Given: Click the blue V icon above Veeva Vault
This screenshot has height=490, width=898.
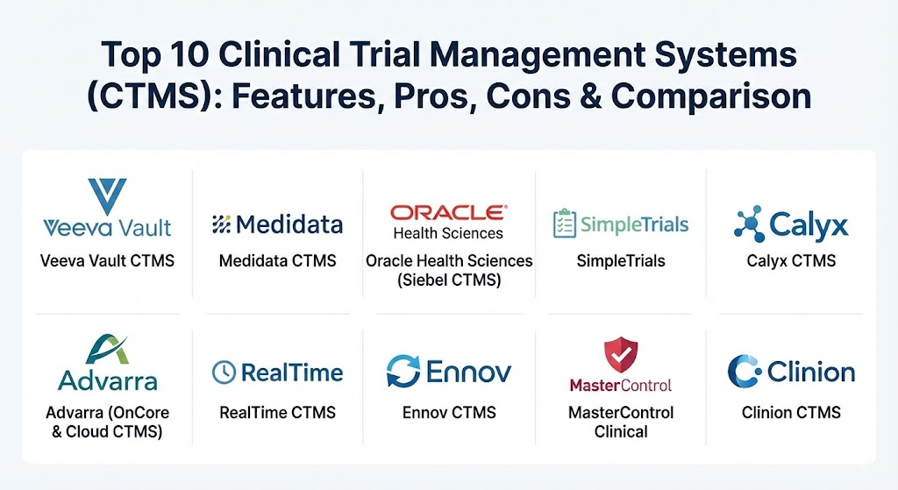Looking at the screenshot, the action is (107, 195).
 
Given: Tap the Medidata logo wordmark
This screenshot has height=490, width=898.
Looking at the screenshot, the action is (289, 225).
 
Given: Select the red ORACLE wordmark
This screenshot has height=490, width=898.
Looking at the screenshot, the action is (448, 213).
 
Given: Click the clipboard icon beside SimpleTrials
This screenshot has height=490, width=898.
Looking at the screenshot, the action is (565, 224).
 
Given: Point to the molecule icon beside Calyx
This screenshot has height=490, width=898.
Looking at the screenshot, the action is (749, 224).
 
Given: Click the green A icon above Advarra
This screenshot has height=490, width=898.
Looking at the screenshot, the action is (107, 349).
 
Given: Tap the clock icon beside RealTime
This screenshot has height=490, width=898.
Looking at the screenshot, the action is (224, 372).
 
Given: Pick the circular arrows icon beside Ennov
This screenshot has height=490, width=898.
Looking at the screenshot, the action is (403, 371).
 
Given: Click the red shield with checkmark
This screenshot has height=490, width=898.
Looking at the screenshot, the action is (621, 354).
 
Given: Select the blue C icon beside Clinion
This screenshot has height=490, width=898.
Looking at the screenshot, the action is (744, 371).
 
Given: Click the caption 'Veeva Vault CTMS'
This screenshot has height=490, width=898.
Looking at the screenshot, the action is (107, 261).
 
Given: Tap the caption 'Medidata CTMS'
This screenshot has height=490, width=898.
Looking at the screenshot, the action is (278, 261).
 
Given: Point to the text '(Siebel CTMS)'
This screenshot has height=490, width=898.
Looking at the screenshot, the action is (449, 280).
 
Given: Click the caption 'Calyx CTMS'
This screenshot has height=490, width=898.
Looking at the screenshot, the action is (791, 261).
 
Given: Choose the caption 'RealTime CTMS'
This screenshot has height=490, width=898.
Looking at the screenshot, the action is (278, 413).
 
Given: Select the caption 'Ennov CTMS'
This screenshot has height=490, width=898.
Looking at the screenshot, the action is (449, 413).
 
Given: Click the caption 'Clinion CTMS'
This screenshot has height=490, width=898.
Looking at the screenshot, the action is (791, 413).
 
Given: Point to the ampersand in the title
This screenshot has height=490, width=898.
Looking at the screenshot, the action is (590, 96).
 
